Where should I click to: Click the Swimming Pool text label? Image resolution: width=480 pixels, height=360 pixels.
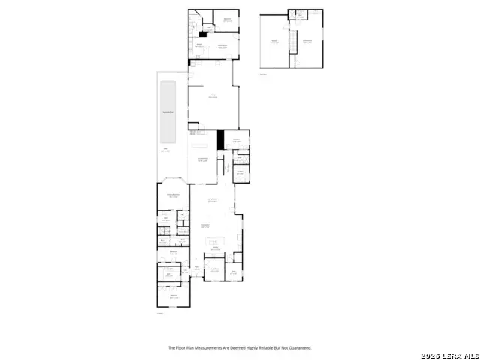169,112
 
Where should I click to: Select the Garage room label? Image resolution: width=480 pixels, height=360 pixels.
213,96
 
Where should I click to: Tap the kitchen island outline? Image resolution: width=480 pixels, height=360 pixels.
217,241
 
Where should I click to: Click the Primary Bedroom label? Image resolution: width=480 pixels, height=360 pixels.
172,196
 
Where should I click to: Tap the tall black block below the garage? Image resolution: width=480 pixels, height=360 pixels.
220,140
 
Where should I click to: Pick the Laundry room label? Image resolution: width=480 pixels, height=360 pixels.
241,172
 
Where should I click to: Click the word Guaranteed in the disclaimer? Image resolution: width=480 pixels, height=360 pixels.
299,348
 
